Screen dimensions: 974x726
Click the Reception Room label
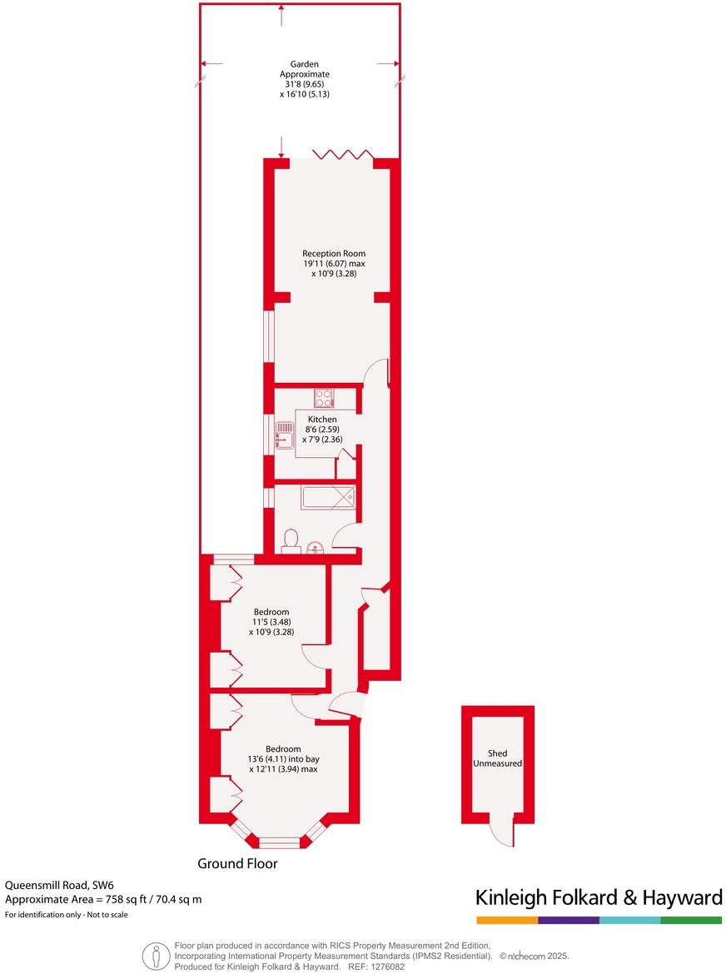coord(333,263)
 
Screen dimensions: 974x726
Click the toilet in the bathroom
coord(291,541)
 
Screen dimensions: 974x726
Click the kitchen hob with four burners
coord(324,397)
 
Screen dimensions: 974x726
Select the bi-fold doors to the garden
coord(341,155)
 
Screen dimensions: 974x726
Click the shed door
coord(501,830)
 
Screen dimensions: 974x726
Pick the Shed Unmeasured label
coord(497,758)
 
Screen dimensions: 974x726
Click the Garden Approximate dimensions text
coord(298,79)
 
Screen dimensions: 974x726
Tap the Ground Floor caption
coord(237,864)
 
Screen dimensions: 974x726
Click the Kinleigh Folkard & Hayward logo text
coord(598,897)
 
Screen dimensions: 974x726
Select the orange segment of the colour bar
coord(507,920)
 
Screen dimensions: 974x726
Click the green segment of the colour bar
coord(691,920)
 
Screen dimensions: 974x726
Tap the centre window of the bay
coord(279,842)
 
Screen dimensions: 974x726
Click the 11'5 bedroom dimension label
coord(271,622)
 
